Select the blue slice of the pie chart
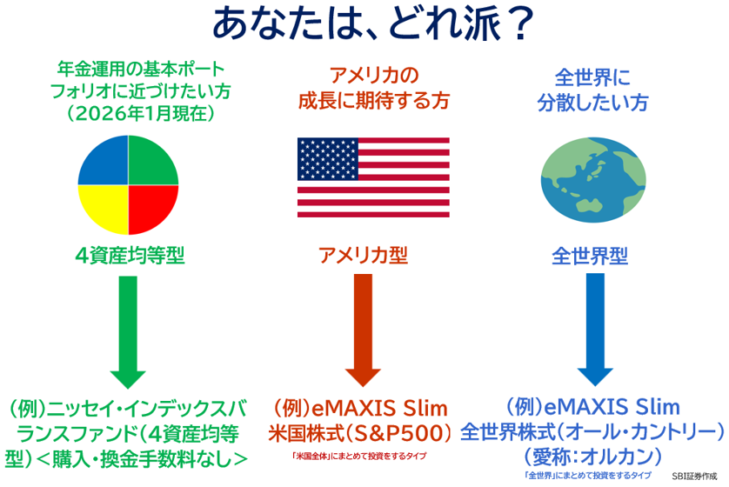pyautogui.click(x=104, y=162)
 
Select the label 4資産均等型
pyautogui.click(x=130, y=255)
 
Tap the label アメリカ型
pyautogui.click(x=363, y=255)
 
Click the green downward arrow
pyautogui.click(x=128, y=331)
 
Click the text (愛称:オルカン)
pyautogui.click(x=592, y=455)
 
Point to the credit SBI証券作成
pyautogui.click(x=697, y=477)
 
